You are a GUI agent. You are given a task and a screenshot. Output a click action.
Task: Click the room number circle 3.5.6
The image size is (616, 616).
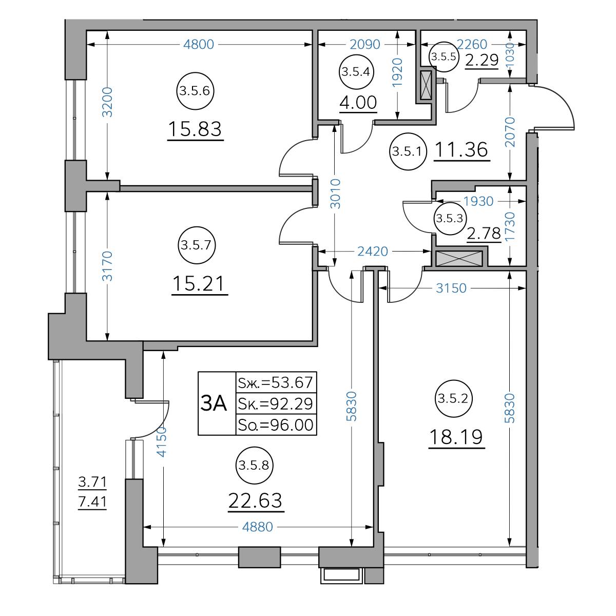click(x=195, y=91)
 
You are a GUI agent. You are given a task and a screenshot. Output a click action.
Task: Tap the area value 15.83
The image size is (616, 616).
click(x=195, y=129)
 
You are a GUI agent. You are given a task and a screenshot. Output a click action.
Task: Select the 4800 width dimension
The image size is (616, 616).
click(x=199, y=45)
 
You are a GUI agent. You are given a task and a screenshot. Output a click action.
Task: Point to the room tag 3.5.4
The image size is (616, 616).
click(x=356, y=71)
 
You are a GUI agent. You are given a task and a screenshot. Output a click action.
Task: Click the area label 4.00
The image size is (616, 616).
click(x=358, y=103)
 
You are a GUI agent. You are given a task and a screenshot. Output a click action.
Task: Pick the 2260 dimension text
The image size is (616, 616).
click(x=472, y=45)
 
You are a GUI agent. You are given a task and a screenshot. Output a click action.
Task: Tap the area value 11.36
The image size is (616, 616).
click(x=461, y=149)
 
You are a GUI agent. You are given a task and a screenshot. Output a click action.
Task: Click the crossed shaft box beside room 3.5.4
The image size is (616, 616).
click(x=426, y=85)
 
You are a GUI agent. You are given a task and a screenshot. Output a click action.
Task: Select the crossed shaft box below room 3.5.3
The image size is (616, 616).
click(x=459, y=259)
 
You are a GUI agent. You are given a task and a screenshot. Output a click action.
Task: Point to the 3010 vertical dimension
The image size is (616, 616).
click(x=335, y=194)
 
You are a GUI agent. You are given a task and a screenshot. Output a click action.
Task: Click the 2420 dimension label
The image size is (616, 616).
click(x=373, y=251)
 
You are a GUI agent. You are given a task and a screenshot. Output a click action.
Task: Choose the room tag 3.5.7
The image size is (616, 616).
click(x=196, y=245)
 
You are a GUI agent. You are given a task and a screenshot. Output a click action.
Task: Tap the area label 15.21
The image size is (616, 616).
click(x=199, y=283)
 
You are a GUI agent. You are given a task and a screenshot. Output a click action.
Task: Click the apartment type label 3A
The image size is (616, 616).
click(x=213, y=403)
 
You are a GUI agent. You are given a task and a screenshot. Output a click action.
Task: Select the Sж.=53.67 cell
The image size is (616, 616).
click(x=276, y=382)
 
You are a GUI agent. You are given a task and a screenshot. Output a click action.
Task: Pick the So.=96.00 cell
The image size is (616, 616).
click(x=276, y=425)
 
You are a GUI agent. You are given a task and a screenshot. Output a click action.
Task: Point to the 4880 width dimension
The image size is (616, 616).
click(x=257, y=527)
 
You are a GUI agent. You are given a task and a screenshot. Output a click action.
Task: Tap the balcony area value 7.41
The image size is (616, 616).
click(x=92, y=501)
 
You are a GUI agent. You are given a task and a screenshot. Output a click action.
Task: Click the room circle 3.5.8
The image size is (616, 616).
click(x=254, y=465)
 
